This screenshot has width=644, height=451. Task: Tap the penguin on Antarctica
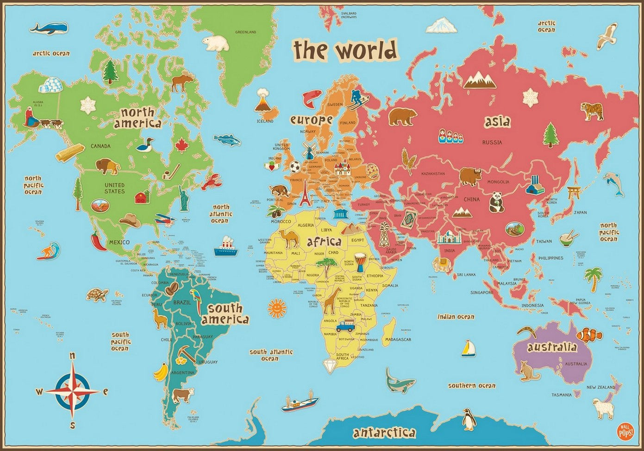(468, 420)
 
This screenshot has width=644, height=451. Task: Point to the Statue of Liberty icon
(185, 196)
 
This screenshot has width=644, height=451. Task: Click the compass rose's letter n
(72, 356)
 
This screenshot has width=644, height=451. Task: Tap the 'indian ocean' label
(456, 317)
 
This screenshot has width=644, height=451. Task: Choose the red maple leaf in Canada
(180, 145)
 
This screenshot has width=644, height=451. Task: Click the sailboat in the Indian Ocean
(468, 348)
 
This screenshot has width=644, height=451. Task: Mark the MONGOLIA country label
(498, 182)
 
